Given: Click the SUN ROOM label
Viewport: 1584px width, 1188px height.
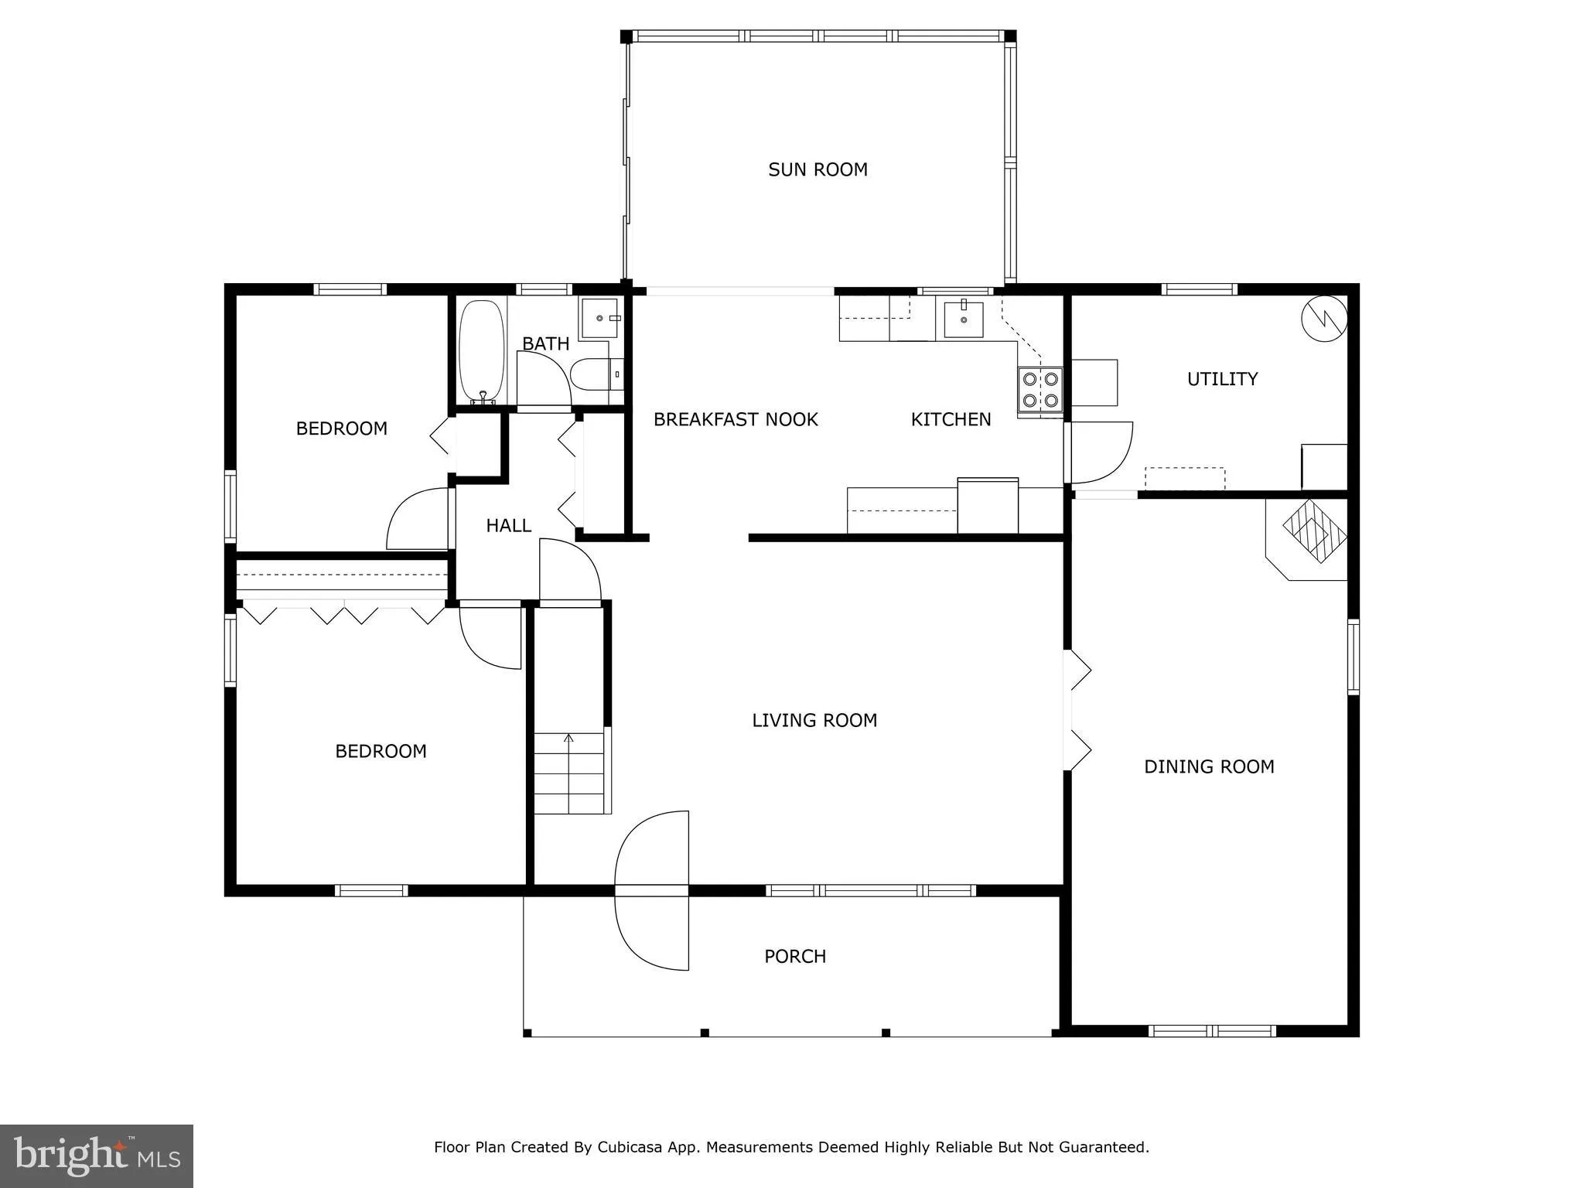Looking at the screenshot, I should click(818, 169).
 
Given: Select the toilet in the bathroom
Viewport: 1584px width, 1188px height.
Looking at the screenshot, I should click(592, 375).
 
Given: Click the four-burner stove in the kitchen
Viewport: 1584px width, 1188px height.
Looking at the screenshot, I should click(1039, 390).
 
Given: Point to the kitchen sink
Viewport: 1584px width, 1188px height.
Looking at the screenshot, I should click(963, 319).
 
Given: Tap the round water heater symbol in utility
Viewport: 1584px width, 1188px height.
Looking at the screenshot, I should click(1324, 318).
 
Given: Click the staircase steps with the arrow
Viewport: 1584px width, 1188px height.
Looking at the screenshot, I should click(568, 773).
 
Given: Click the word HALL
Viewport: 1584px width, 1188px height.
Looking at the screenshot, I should click(508, 526).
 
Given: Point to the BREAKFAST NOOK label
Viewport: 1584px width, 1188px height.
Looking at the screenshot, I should click(735, 419).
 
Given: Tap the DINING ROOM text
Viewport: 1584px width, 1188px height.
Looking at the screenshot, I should click(1208, 766).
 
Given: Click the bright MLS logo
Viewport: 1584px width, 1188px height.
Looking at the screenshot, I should click(96, 1156).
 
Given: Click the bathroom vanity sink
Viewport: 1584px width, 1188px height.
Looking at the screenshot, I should click(600, 318).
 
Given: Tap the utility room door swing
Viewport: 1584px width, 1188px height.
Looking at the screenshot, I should click(1100, 452).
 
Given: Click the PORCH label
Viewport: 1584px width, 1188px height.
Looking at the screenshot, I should click(794, 957).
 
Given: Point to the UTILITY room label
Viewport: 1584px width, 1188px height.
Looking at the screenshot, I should click(1221, 379).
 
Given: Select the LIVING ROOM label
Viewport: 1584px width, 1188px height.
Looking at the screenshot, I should click(814, 721).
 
